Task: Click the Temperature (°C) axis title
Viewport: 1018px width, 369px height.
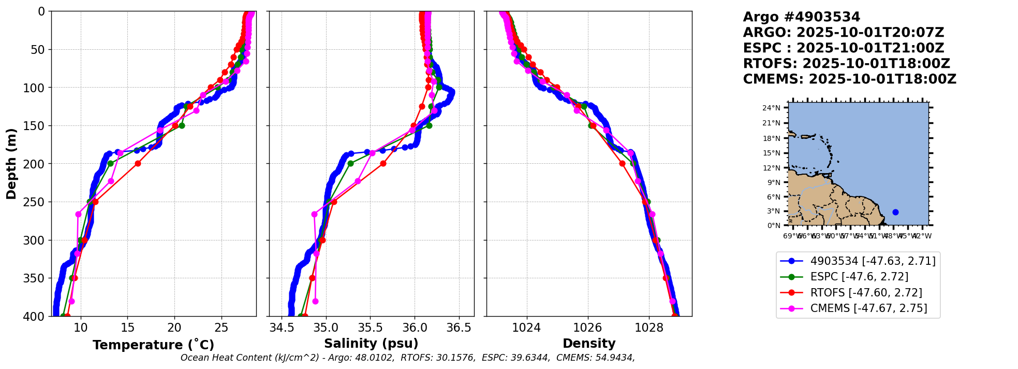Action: [153, 345]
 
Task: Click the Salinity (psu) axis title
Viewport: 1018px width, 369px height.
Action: [371, 344]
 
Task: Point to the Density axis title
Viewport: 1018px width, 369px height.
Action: [589, 344]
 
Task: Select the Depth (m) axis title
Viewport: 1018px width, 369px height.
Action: [11, 163]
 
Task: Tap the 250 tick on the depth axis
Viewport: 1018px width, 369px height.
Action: [38, 202]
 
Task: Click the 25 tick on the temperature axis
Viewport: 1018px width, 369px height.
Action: [222, 328]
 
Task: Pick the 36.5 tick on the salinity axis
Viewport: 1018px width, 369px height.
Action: [459, 328]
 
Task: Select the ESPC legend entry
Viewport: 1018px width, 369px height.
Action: [859, 277]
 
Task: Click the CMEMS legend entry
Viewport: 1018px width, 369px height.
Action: [868, 308]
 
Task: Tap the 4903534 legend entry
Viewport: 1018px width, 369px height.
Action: [873, 261]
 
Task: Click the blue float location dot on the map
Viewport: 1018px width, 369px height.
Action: [895, 212]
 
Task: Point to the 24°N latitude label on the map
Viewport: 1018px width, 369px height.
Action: [771, 108]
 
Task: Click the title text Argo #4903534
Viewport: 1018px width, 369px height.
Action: [801, 17]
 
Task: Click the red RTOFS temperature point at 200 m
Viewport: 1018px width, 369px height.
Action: [138, 163]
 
